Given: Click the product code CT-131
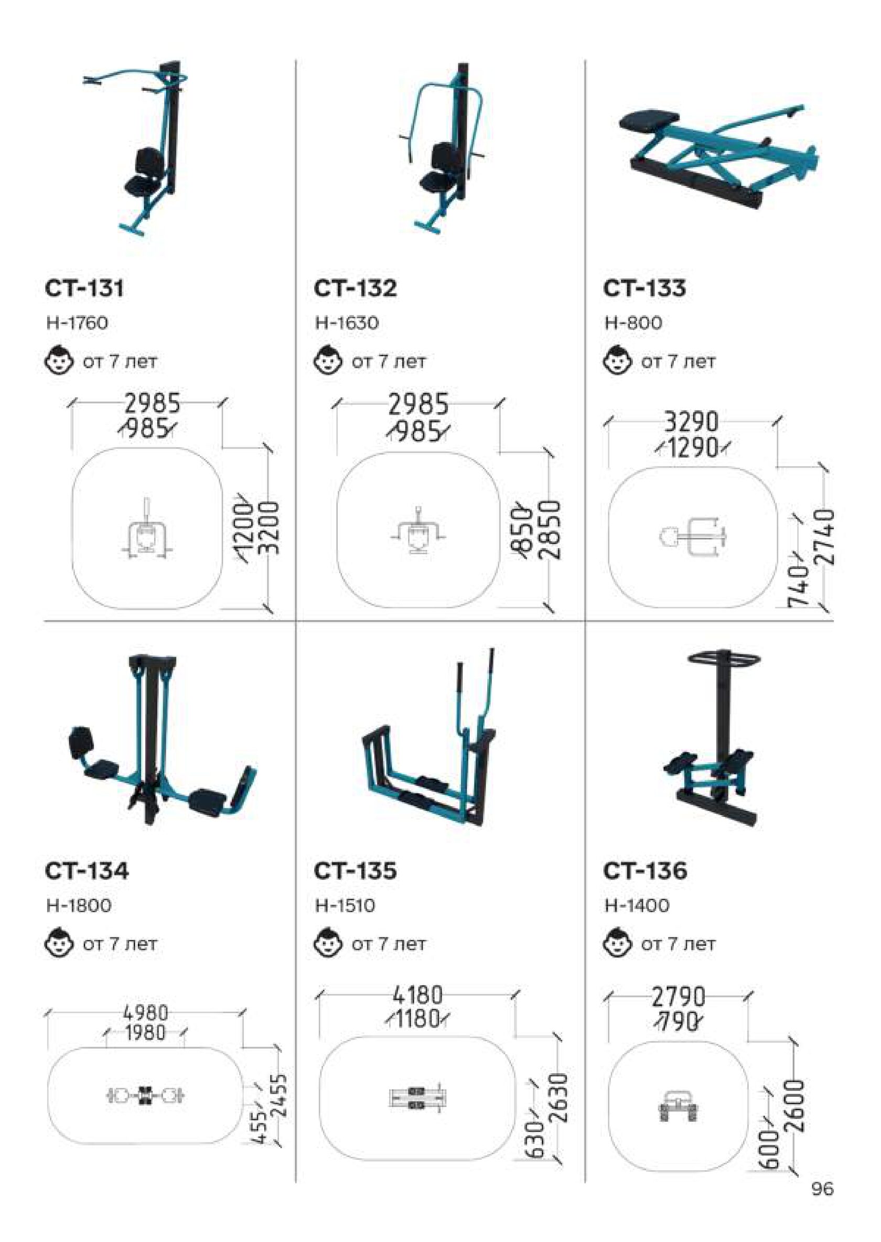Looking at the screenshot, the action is tap(84, 288).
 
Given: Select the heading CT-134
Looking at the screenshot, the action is tap(87, 871).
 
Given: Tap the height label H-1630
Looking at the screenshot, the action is tap(347, 323).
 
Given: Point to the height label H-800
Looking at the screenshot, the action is tap(633, 323).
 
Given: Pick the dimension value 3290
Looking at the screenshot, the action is tap(691, 422).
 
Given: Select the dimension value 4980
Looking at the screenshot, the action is tap(145, 1012).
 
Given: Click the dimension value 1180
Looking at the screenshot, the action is tap(416, 1020).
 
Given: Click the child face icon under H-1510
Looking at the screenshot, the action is tap(328, 944).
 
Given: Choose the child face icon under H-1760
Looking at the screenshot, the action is tap(59, 361).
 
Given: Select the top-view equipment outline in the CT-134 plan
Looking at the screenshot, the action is tap(145, 1096).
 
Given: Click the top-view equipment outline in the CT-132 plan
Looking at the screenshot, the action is tap(418, 531).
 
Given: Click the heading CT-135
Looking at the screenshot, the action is tap(356, 871).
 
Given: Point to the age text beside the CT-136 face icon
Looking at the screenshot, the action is tap(678, 944).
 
